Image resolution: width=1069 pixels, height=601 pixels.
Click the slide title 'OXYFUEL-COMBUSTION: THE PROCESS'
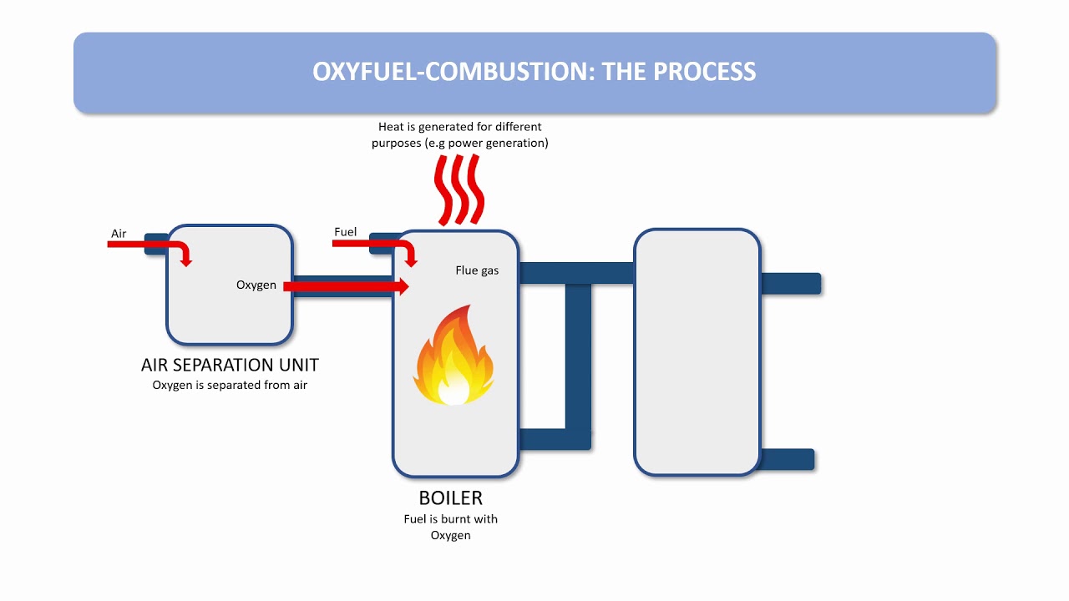click(534, 72)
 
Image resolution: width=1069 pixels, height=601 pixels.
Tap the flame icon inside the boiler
click(453, 356)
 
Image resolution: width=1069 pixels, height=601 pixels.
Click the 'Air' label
click(119, 234)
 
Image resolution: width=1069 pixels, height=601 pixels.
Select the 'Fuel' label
click(345, 232)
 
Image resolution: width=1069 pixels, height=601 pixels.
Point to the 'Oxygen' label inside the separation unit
click(256, 285)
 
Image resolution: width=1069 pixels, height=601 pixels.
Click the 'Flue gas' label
click(477, 270)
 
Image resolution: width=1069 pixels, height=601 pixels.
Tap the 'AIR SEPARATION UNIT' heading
click(230, 365)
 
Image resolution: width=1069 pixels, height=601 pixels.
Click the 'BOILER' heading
click(450, 498)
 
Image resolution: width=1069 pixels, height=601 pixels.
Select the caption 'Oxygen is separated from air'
click(230, 385)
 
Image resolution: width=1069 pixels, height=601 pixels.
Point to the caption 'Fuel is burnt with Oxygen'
click(450, 527)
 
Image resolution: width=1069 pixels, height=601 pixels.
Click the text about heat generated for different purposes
click(460, 134)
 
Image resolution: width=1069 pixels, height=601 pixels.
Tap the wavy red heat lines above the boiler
click(459, 189)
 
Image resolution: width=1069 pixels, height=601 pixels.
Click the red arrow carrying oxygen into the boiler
click(346, 287)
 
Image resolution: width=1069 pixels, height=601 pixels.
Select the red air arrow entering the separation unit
click(150, 245)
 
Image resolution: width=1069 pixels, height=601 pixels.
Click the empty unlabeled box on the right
click(697, 352)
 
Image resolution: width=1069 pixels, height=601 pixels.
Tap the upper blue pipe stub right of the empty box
click(791, 284)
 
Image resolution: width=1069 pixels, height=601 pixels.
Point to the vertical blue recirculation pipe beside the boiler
click(578, 359)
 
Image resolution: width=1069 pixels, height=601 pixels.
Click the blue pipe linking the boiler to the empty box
click(576, 273)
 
